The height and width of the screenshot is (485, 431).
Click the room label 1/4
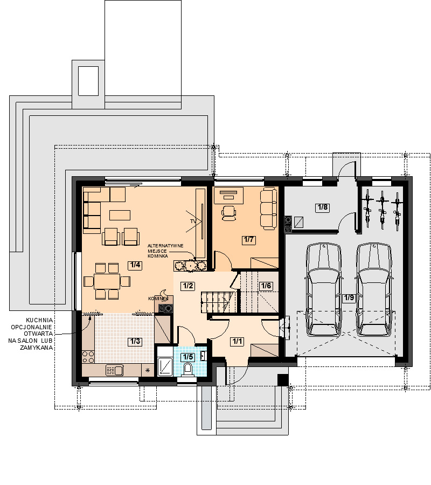135,265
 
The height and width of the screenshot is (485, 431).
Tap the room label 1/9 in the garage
349,298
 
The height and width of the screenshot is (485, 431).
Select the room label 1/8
323,207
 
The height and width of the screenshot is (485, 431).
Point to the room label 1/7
249,240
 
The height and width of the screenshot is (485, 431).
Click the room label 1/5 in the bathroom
187,357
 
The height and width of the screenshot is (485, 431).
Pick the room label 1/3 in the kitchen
135,342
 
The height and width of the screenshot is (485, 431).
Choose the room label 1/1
237,342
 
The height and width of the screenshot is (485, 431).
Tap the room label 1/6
266,286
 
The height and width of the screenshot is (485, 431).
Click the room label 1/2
187,286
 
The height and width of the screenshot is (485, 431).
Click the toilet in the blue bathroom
187,370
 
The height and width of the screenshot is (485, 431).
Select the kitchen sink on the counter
115,370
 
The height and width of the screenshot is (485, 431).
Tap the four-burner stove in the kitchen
88,357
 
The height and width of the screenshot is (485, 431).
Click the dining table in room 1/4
107,281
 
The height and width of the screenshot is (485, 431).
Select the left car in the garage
324,289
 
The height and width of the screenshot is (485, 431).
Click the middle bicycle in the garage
383,209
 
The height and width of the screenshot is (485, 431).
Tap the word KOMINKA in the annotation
158,256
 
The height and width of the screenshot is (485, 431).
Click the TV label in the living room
193,221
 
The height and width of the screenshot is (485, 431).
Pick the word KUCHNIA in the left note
39,321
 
